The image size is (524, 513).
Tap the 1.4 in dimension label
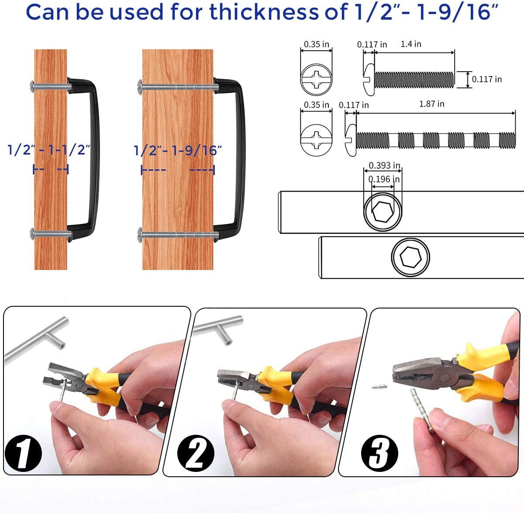[x=411, y=44]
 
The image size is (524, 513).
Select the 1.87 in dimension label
[x=431, y=104]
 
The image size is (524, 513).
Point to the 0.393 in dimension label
[x=384, y=165]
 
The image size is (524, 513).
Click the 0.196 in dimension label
[x=384, y=179]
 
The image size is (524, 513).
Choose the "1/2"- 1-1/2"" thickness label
[x=49, y=150]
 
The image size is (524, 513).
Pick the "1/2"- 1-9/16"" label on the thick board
[x=178, y=150]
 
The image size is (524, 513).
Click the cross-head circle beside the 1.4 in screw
[x=317, y=80]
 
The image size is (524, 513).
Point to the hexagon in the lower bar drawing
[x=410, y=257]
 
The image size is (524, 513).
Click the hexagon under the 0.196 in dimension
[x=383, y=211]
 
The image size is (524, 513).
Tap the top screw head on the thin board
[x=32, y=87]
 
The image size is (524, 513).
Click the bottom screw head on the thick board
[x=140, y=235]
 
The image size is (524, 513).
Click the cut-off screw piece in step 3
[x=379, y=386]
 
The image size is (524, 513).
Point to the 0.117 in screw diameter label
[x=487, y=79]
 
